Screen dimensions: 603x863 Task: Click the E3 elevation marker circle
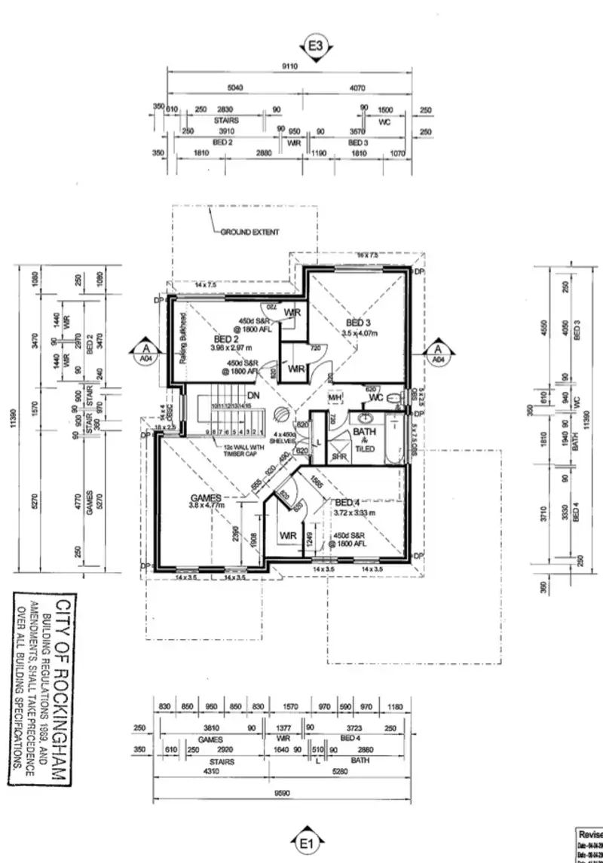coord(316,46)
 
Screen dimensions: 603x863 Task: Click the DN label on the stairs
coord(254,394)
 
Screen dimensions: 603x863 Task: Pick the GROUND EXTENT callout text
coord(249,233)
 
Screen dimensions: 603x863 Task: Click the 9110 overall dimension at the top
coord(289,66)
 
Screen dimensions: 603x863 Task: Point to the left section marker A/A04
coord(144,353)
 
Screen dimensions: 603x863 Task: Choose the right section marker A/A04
coord(436,353)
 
